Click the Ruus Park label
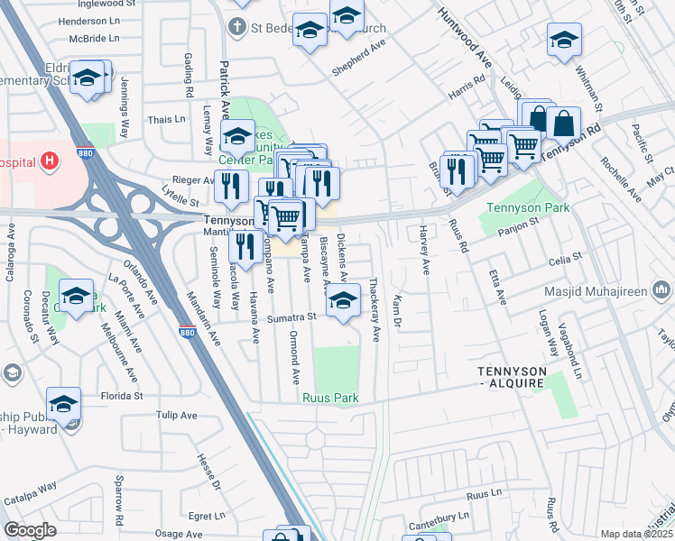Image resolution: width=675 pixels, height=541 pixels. (330, 398)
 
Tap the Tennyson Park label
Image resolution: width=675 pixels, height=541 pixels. (517, 208)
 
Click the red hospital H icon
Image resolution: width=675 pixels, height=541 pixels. (50, 161)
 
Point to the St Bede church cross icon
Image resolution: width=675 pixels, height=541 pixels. (237, 27)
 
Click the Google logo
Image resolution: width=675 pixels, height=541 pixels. (32, 529)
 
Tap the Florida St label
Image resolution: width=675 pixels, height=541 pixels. (122, 395)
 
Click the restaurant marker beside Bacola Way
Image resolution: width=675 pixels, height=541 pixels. (245, 245)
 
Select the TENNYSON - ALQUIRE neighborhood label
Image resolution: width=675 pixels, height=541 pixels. (512, 378)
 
